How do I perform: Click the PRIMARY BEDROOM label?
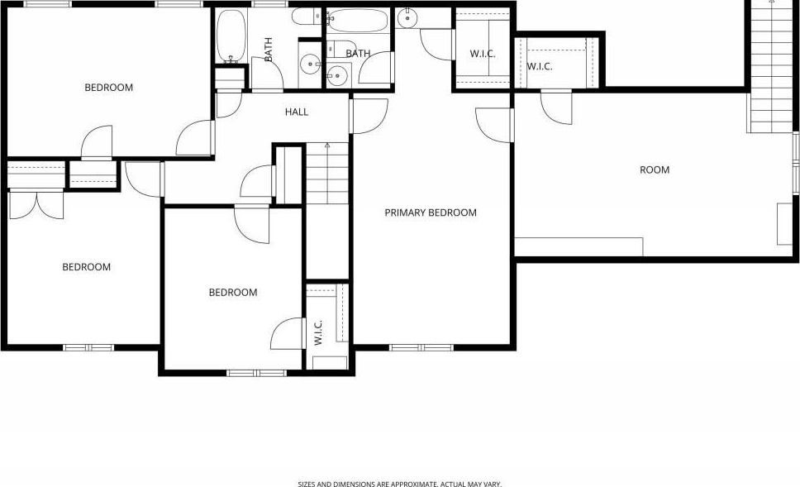pyautogui.click(x=431, y=212)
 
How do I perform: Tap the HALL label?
pyautogui.click(x=297, y=112)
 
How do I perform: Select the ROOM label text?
pyautogui.click(x=655, y=169)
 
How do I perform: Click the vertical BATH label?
pyautogui.click(x=269, y=50)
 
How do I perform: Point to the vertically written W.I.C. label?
pyautogui.click(x=318, y=333)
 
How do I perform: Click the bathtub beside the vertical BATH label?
pyautogui.click(x=231, y=36)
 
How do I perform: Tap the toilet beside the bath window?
pyautogui.click(x=306, y=17)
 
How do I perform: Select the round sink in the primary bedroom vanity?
pyautogui.click(x=407, y=18)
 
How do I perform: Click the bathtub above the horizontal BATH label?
pyautogui.click(x=357, y=21)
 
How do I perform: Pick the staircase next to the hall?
pyautogui.click(x=327, y=174)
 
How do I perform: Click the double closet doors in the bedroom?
pyautogui.click(x=36, y=204)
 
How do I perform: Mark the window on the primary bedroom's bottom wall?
pyautogui.click(x=421, y=347)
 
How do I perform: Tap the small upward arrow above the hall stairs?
pyautogui.click(x=327, y=146)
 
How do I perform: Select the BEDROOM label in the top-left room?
pyautogui.click(x=108, y=88)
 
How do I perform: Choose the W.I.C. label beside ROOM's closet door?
pyautogui.click(x=540, y=66)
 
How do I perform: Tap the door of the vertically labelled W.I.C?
pyautogui.click(x=287, y=333)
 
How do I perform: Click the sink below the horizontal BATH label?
pyautogui.click(x=336, y=75)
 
